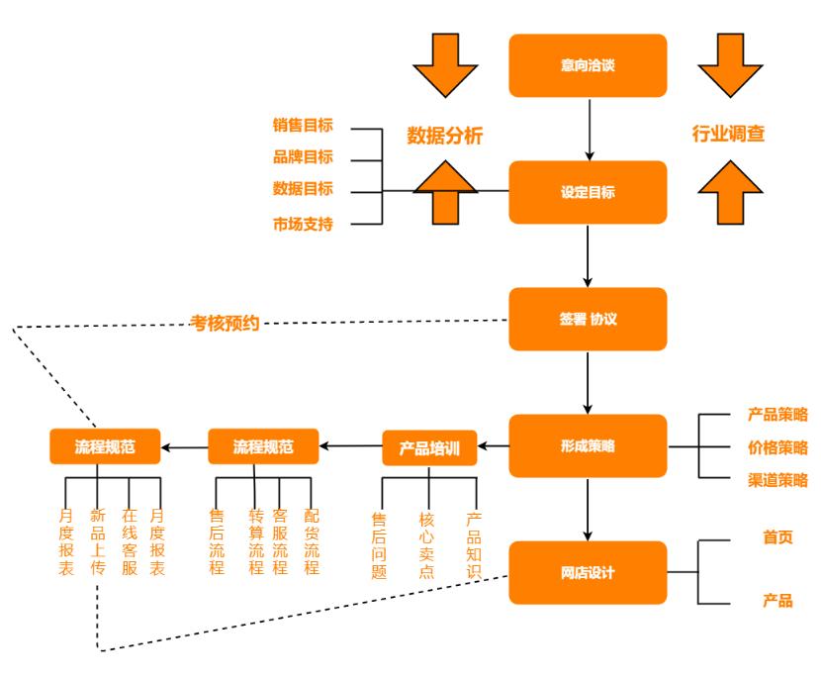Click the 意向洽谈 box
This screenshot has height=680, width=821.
pos(588,65)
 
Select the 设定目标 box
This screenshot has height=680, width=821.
pos(588,192)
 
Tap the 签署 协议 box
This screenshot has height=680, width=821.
pos(588,319)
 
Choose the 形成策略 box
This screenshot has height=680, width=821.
pos(588,445)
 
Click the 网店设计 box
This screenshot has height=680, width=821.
pos(588,572)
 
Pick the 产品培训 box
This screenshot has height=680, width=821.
pos(429,447)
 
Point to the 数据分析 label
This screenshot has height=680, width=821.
pos(445,136)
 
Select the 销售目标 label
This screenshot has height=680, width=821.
pos(303,126)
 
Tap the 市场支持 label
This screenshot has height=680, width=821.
pos(303,224)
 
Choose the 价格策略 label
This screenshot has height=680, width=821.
pos(777,446)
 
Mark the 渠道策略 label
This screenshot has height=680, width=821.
pos(777,480)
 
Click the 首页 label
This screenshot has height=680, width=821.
pos(777,537)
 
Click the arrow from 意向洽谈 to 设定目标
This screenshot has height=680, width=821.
pos(589,128)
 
